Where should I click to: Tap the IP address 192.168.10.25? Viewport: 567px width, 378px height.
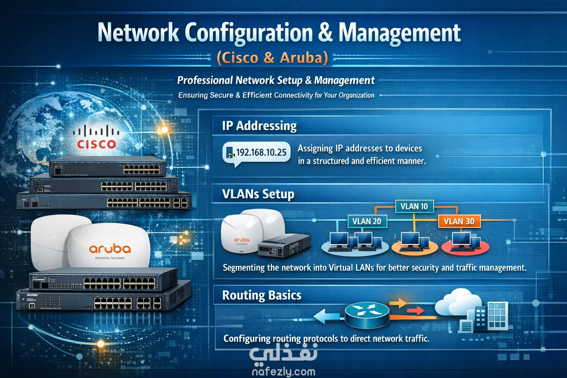[x=261, y=152]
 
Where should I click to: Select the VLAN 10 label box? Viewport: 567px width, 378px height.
[x=414, y=206]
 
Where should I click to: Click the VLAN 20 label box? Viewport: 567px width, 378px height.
[x=367, y=221]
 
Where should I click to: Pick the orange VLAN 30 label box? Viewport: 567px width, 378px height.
[x=459, y=221]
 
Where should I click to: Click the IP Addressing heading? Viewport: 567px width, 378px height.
[x=259, y=126]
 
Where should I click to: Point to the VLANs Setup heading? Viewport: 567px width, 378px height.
[x=258, y=194]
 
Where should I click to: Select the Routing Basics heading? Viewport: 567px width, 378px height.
[x=262, y=295]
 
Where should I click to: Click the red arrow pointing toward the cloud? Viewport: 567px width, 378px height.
[x=415, y=311]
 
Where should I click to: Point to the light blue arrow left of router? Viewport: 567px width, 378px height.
[x=327, y=316]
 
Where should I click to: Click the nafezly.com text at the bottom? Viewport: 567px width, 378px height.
[x=283, y=371]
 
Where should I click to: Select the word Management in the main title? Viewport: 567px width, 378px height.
[x=399, y=32]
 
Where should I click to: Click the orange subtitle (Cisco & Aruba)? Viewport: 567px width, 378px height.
[x=272, y=58]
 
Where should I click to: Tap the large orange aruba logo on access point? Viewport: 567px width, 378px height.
[x=110, y=249]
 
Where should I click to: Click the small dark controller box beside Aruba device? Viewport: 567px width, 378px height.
[x=284, y=245]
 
